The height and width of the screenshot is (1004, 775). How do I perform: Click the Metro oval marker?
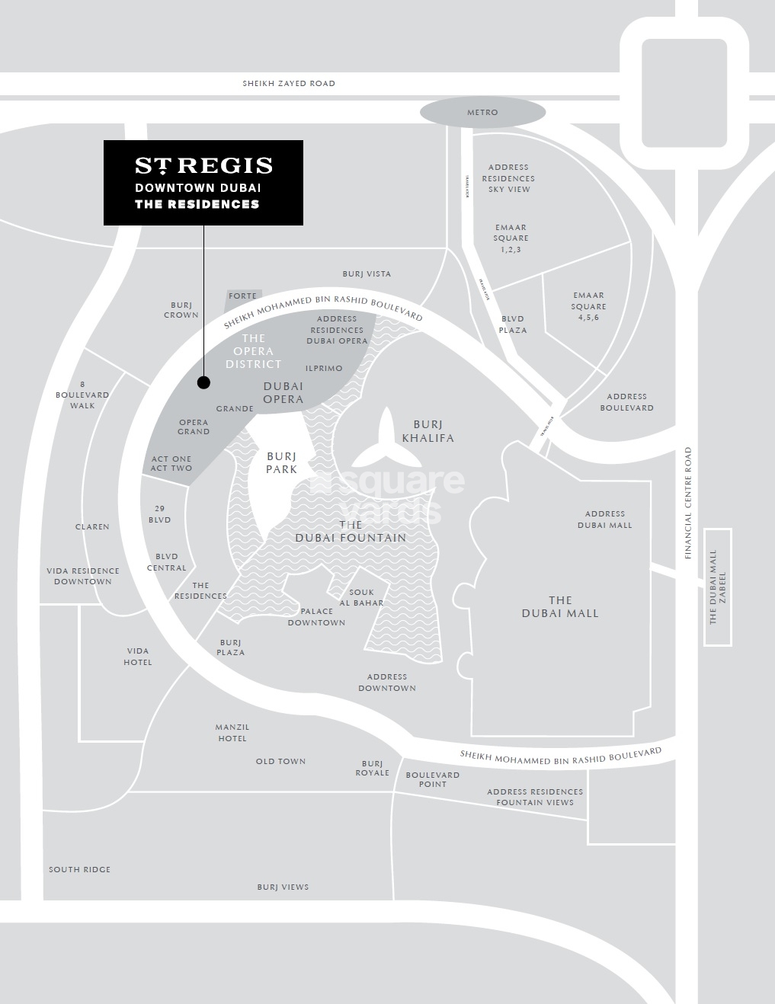(x=482, y=113)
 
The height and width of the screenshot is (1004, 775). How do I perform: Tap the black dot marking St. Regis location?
(x=203, y=382)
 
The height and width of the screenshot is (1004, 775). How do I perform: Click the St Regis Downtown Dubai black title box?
(x=203, y=183)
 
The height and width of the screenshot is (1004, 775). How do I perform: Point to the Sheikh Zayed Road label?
(x=289, y=84)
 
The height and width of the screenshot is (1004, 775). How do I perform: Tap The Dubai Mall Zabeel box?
(x=718, y=587)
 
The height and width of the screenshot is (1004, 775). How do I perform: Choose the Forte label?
(x=243, y=296)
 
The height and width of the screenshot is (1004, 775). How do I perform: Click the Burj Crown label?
(x=181, y=309)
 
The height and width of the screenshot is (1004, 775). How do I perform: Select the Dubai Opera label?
(x=283, y=393)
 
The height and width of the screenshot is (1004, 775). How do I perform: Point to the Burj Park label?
(x=281, y=463)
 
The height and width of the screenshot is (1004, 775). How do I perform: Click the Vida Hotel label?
(x=138, y=657)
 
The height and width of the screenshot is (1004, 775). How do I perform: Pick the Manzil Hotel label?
(x=232, y=733)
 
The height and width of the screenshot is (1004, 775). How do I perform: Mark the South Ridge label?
(x=80, y=869)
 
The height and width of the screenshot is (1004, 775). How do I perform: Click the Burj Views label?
(x=283, y=887)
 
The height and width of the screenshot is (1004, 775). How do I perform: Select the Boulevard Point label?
(x=433, y=779)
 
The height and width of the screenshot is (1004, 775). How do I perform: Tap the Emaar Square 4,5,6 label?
(x=588, y=306)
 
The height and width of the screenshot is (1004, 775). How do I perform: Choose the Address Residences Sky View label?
(x=508, y=178)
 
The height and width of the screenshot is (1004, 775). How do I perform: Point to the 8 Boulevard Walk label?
(x=82, y=395)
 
